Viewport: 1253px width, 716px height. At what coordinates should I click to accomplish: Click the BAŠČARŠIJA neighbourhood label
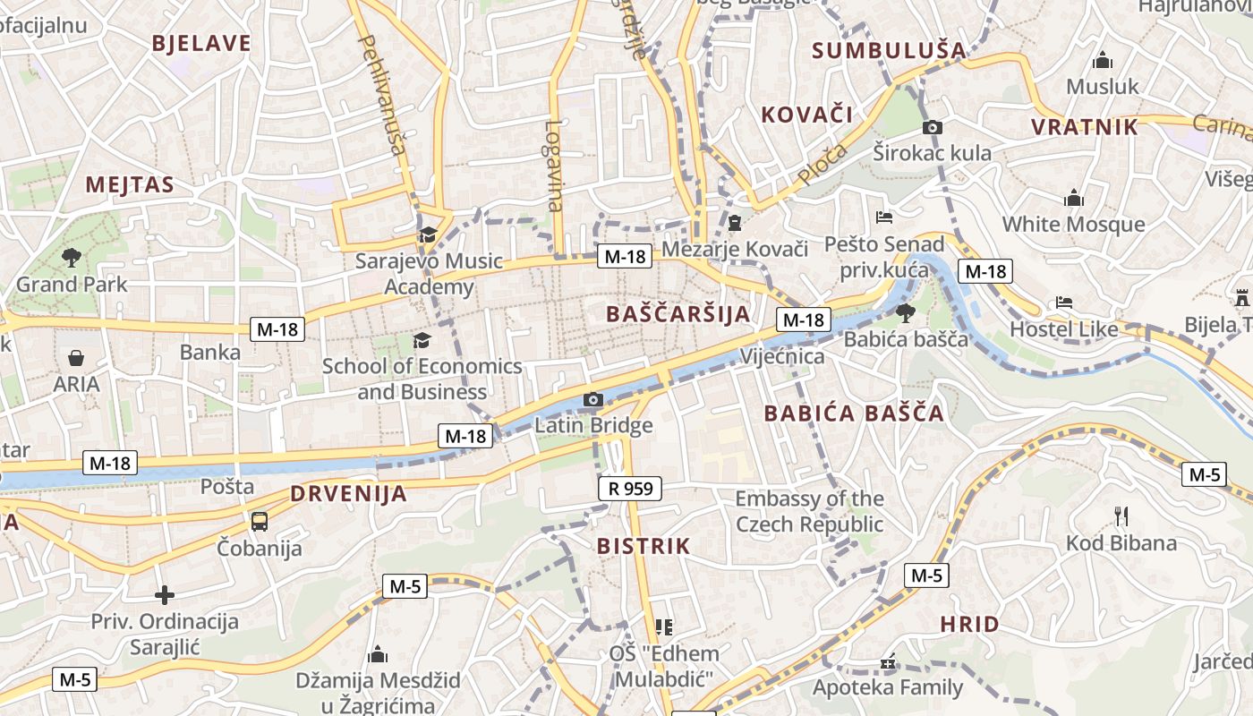[x=678, y=314]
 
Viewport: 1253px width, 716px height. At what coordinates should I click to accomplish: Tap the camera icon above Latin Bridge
[x=592, y=399]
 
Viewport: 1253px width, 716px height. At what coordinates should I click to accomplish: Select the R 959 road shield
[x=630, y=489]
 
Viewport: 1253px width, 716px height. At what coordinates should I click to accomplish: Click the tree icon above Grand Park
[x=72, y=259]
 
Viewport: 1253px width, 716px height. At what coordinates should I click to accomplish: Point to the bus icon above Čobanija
[x=260, y=521]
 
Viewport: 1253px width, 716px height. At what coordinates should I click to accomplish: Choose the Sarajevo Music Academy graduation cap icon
[x=428, y=235]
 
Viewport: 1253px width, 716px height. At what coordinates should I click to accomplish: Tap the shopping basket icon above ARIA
[x=76, y=358]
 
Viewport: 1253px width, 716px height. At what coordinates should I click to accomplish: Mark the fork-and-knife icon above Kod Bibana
[x=1121, y=516]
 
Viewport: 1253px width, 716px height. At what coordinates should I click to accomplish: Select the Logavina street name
[x=554, y=166]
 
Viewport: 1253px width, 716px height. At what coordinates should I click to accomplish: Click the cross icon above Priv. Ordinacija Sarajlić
[x=165, y=594]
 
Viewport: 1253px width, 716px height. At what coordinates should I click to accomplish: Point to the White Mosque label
[x=1073, y=224]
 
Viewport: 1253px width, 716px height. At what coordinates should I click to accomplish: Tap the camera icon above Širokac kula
[x=932, y=128]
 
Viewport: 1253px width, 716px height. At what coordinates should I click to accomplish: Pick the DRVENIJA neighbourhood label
[x=348, y=494]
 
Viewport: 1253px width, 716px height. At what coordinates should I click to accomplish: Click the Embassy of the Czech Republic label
[x=809, y=511]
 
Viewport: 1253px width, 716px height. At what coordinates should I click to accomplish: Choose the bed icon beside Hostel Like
[x=1064, y=303]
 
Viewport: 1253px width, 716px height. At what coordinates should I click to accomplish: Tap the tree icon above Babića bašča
[x=906, y=312]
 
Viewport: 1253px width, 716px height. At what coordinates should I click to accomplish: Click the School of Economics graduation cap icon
[x=422, y=340]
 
